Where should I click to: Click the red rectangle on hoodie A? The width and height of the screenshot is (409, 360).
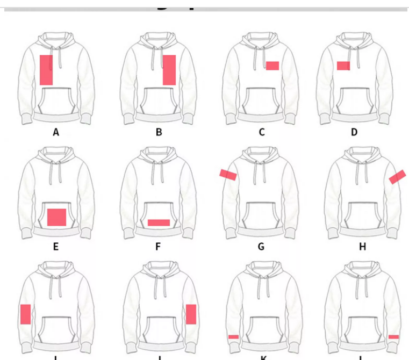(46, 70)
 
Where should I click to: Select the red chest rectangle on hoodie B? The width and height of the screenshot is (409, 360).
(169, 70)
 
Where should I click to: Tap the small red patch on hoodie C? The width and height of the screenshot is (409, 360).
(272, 66)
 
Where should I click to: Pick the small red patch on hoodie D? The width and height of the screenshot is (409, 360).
(343, 66)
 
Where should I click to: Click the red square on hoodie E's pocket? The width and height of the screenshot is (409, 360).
(56, 217)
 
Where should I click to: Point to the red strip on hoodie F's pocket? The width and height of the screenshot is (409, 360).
(159, 222)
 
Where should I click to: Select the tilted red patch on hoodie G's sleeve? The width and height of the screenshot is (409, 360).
(228, 174)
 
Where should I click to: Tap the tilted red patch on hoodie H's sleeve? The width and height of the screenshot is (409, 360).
(397, 177)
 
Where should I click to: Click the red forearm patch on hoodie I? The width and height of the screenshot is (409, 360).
(25, 314)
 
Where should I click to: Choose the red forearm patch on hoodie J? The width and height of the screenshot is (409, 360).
(191, 314)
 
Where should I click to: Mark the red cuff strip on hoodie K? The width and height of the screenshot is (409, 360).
(233, 337)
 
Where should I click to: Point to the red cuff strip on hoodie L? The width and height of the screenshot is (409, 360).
(393, 337)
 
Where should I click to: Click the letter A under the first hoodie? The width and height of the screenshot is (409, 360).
(56, 132)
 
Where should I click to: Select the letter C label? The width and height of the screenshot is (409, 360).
(261, 132)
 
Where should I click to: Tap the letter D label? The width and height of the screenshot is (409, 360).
(354, 132)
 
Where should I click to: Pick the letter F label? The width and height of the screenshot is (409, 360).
(158, 247)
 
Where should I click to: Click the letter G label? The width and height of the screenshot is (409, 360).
(261, 247)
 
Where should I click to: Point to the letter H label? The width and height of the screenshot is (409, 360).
(362, 247)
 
